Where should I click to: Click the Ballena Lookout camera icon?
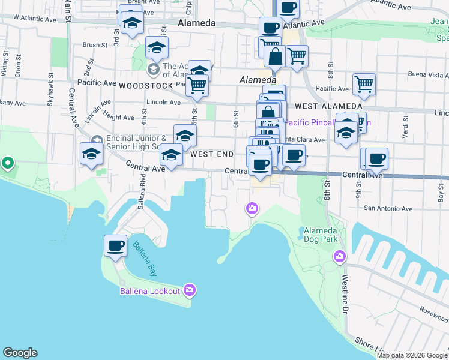coord(190,290)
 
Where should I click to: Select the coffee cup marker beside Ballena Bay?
coord(115,245)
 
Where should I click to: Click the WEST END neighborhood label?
coord(212,154)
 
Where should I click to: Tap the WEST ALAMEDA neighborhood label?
coord(315,106)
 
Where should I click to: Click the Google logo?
coord(20,353)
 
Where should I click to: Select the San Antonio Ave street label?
coord(388,209)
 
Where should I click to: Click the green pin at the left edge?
coord(7,163)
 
